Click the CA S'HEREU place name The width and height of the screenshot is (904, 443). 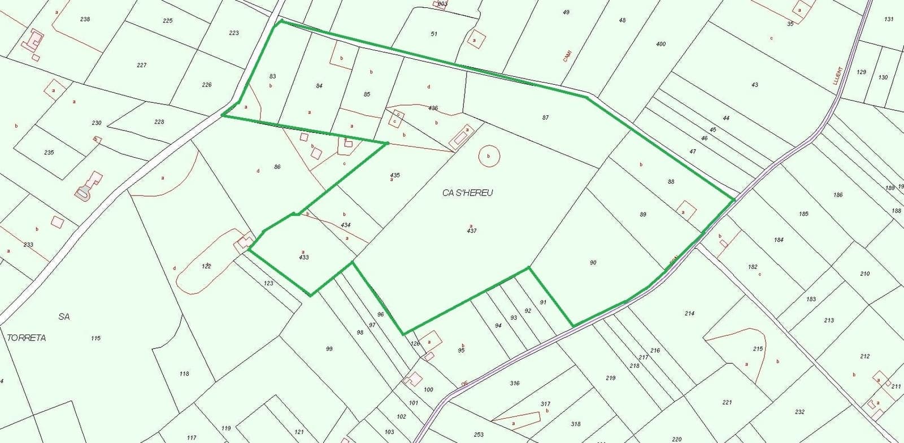tap(467, 193)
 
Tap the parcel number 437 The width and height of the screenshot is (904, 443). tap(472, 231)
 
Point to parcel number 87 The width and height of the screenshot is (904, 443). tap(545, 118)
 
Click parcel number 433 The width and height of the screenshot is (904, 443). tap(304, 257)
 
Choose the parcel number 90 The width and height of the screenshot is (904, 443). tap(593, 263)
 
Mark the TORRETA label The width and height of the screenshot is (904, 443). tap(27, 338)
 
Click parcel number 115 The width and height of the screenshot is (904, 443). tap(95, 338)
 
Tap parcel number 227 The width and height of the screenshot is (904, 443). tap(141, 65)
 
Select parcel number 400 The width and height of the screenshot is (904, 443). tap(661, 44)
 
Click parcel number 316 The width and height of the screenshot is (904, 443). tap(514, 383)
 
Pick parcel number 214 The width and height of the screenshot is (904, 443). tap(689, 313)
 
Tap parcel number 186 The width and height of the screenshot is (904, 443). tap(837, 195)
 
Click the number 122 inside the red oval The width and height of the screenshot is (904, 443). tap(206, 266)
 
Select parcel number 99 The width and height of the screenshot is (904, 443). tap(329, 349)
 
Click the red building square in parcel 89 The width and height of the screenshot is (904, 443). tap(685, 211)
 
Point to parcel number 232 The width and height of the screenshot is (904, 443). tap(799, 412)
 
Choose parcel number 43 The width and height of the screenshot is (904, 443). tap(755, 85)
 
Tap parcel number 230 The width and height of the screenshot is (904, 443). tap(96, 123)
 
